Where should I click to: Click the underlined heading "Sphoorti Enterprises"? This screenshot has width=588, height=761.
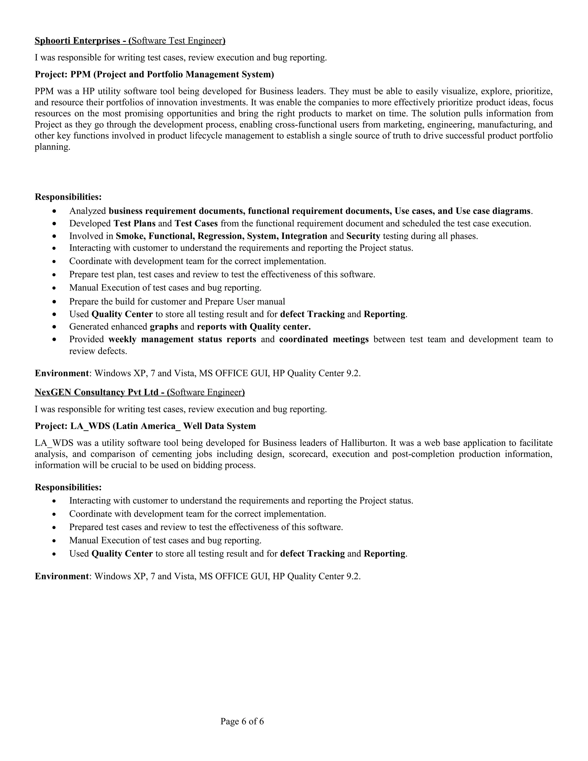[77, 41]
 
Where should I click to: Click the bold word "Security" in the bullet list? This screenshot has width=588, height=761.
[363, 236]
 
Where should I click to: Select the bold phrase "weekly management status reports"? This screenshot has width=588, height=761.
[182, 339]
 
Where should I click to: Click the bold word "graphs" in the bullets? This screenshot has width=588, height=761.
[164, 327]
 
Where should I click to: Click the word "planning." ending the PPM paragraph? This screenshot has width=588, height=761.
[52, 147]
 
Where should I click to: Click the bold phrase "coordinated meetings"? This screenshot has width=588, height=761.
[324, 339]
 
